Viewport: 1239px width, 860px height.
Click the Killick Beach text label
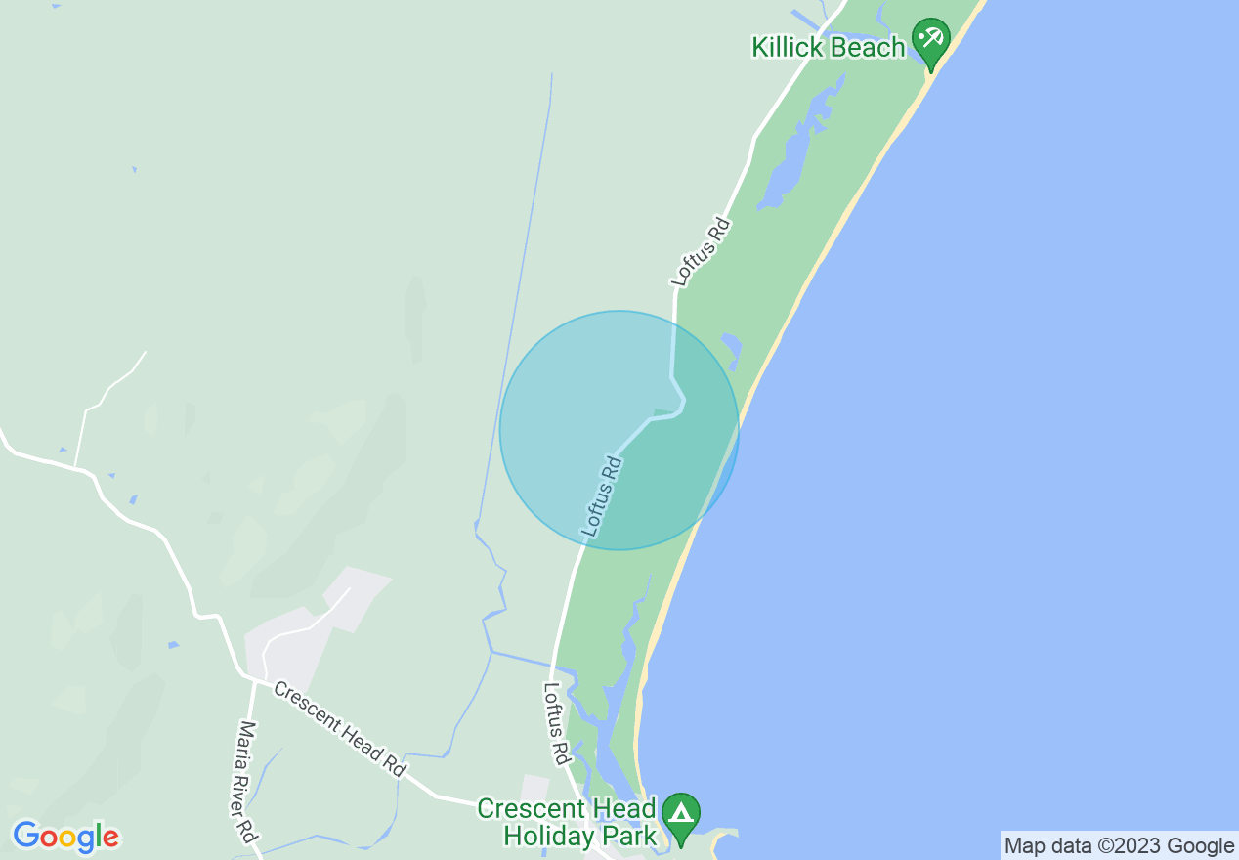coord(828,47)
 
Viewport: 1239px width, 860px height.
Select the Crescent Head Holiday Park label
coord(566,823)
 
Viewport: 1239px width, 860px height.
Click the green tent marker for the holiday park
coord(681,814)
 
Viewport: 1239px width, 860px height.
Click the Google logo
coord(65,837)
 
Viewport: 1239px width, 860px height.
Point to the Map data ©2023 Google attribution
coord(1119,845)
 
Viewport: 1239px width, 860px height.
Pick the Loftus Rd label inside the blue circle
coord(602,495)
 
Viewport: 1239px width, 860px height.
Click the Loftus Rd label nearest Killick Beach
coord(702,252)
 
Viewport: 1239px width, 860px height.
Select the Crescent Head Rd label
coord(339,729)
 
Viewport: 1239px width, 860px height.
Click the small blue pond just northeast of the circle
coord(731,348)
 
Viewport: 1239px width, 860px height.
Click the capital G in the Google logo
coord(26,836)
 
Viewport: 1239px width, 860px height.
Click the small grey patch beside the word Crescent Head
coord(535,788)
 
